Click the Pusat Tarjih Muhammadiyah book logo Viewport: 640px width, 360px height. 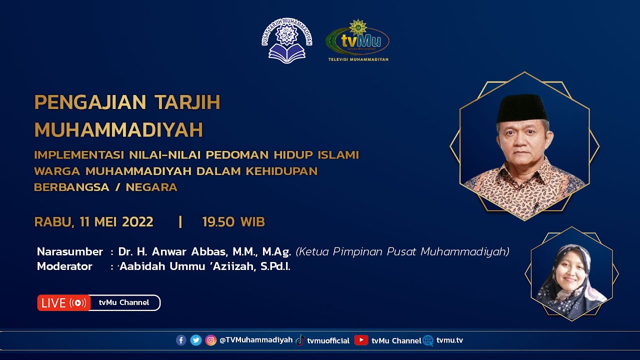pyautogui.click(x=287, y=41)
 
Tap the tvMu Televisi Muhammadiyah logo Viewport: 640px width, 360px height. pyautogui.click(x=357, y=41)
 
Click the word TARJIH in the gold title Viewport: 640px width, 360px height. pyautogui.click(x=187, y=102)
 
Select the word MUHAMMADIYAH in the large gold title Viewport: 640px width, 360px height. pyautogui.click(x=118, y=130)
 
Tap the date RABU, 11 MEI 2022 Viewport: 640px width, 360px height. pyautogui.click(x=93, y=222)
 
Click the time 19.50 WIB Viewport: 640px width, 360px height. pyautogui.click(x=233, y=222)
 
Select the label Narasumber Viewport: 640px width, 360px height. pyautogui.click(x=70, y=251)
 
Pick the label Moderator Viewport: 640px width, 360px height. pyautogui.click(x=64, y=266)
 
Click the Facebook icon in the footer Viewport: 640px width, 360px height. pyautogui.click(x=181, y=340)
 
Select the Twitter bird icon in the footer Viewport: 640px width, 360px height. pyautogui.click(x=196, y=340)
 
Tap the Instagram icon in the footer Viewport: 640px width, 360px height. pyautogui.click(x=211, y=340)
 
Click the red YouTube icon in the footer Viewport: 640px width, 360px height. pyautogui.click(x=361, y=340)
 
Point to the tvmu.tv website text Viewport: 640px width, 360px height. pyautogui.click(x=449, y=340)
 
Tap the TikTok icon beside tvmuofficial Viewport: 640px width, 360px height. pyautogui.click(x=300, y=340)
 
